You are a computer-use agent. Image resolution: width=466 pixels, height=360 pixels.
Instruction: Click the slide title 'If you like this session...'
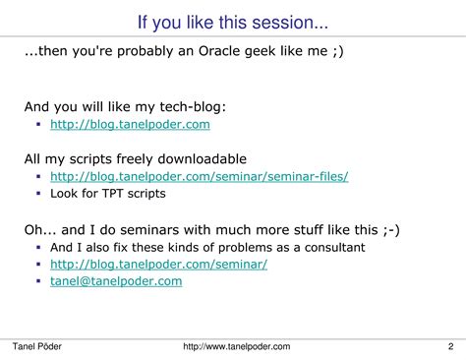(x=232, y=21)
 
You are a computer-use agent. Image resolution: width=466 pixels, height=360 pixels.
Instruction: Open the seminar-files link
(x=199, y=177)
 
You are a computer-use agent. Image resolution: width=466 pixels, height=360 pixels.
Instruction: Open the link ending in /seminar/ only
(x=158, y=265)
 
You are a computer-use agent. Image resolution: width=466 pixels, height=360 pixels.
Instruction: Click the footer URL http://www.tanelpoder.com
(x=237, y=346)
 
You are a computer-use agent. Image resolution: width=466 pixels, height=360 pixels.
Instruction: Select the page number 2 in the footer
(x=449, y=346)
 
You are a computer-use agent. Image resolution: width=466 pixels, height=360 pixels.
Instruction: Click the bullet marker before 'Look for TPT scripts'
(x=37, y=195)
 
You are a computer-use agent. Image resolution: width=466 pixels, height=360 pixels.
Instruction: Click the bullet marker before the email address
(x=37, y=282)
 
